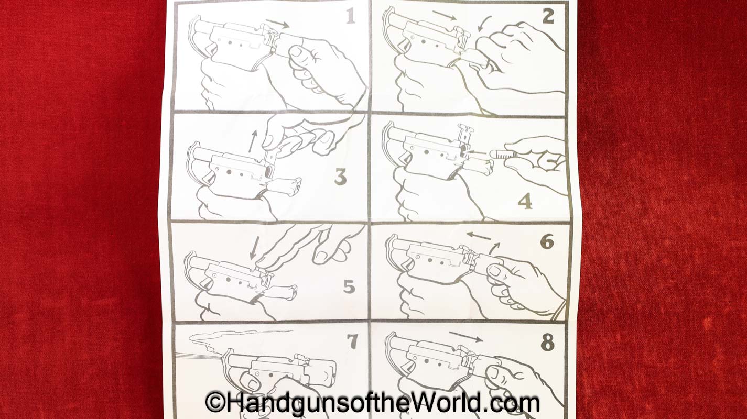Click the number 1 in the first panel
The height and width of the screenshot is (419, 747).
click(x=350, y=16)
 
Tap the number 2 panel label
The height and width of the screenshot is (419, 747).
click(x=548, y=16)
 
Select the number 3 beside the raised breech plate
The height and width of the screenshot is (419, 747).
click(x=341, y=177)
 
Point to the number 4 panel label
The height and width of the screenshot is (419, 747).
click(x=525, y=202)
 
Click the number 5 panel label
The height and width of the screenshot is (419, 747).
click(x=349, y=286)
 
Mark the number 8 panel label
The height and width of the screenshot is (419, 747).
click(x=548, y=342)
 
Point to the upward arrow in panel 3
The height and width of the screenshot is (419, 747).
click(x=253, y=141)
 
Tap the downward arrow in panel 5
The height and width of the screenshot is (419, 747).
click(x=254, y=248)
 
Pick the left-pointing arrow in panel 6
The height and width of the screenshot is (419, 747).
click(x=479, y=236)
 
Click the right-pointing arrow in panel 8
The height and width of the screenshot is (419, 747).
click(x=466, y=337)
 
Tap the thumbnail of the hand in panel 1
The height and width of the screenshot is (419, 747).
click(x=296, y=52)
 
